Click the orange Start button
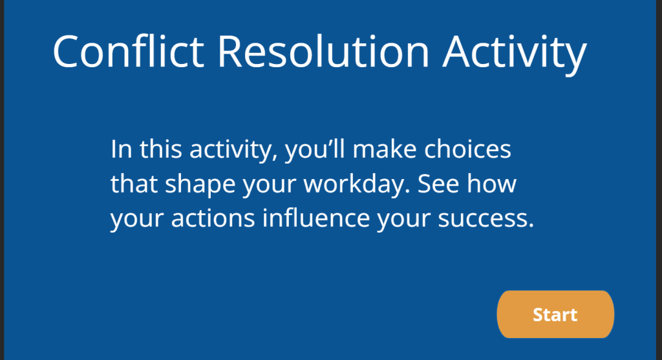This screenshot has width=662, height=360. (555, 314)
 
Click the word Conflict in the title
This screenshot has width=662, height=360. (129, 52)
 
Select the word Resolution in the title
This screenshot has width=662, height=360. (323, 52)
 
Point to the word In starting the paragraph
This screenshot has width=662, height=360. (122, 149)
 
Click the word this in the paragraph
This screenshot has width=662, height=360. (161, 149)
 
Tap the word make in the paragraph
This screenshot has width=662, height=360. (385, 149)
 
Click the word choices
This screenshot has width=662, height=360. (468, 149)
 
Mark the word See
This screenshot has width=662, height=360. (438, 184)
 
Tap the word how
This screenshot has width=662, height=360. (491, 184)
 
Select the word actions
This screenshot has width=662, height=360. (213, 218)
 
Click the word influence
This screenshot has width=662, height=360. (316, 218)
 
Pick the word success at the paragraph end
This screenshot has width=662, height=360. (486, 219)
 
